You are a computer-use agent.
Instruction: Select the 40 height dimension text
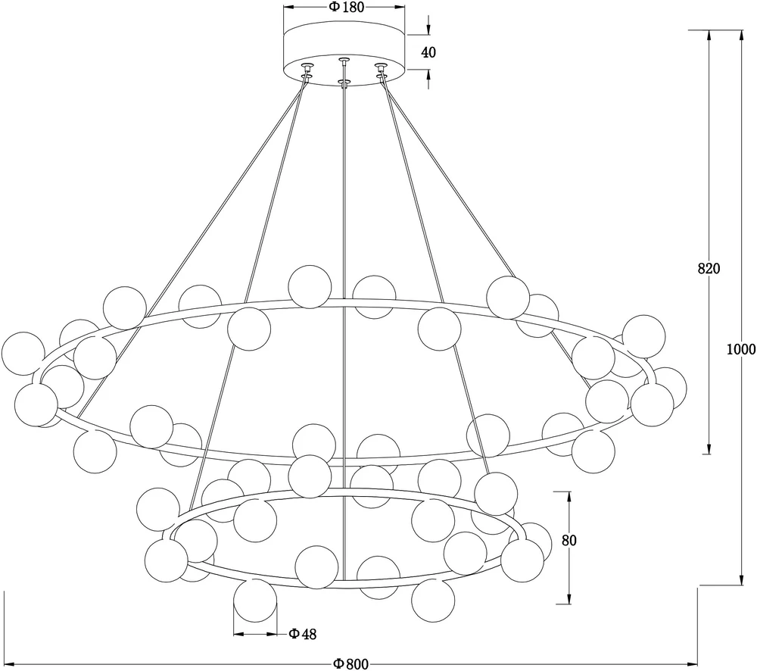coord(428,52)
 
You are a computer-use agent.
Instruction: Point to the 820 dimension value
coord(708,269)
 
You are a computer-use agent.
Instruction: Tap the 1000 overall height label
coord(740,349)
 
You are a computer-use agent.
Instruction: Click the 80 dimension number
coord(569,541)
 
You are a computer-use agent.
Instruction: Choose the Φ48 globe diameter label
coord(303,635)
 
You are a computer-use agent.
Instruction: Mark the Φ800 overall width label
coord(350,664)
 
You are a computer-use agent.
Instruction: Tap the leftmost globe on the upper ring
coord(23,353)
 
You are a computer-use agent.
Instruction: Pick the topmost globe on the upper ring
coord(310,286)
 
